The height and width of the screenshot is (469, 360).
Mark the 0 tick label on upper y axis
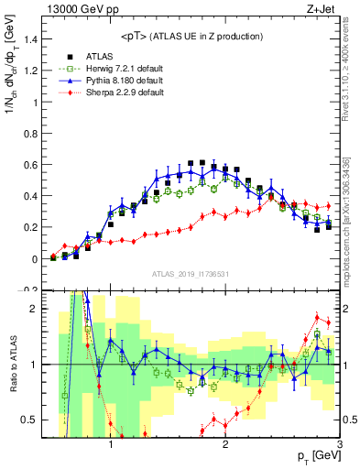(34, 259)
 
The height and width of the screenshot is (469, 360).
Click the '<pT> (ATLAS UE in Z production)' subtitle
(191, 36)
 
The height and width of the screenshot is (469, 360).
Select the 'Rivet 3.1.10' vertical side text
(351, 73)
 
